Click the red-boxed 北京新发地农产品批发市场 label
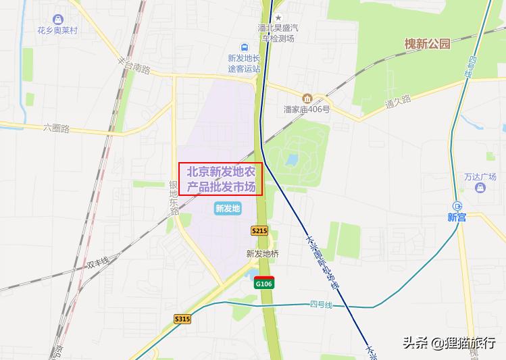click(x=220, y=179)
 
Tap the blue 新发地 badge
click(x=228, y=208)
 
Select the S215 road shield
click(x=259, y=230)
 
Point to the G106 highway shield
click(x=263, y=283)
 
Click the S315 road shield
click(x=182, y=318)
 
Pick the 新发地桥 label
click(x=262, y=254)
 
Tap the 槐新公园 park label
click(x=426, y=44)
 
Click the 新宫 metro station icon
click(x=457, y=206)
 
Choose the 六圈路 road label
click(x=56, y=128)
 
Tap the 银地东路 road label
click(x=174, y=197)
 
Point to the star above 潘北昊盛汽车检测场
click(x=278, y=17)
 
